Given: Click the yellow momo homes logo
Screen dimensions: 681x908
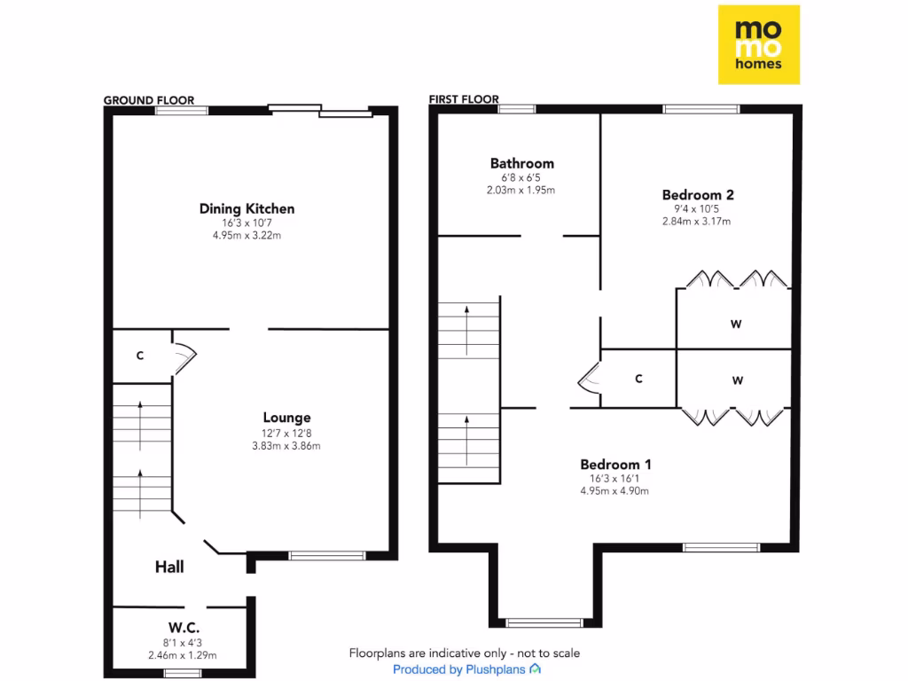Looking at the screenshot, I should pyautogui.click(x=758, y=44).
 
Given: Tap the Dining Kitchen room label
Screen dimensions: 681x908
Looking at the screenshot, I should pyautogui.click(x=247, y=209).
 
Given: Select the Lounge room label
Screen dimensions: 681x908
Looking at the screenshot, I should pyautogui.click(x=286, y=418).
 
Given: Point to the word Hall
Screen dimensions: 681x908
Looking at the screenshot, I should pyautogui.click(x=169, y=567).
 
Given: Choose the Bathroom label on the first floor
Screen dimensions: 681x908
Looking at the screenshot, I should pyautogui.click(x=522, y=163).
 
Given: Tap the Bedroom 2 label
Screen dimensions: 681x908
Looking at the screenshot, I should pyautogui.click(x=698, y=194).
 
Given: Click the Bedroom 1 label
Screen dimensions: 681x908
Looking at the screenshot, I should pyautogui.click(x=615, y=464).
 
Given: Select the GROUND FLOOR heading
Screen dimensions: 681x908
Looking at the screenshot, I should pyautogui.click(x=149, y=100).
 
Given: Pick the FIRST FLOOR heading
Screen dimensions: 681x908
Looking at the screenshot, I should pyautogui.click(x=464, y=99).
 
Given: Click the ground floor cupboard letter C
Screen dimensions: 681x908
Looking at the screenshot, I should pyautogui.click(x=140, y=356).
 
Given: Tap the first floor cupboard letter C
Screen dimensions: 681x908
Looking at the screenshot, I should pyautogui.click(x=638, y=379).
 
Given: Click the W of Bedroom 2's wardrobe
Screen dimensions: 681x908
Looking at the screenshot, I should pyautogui.click(x=736, y=324).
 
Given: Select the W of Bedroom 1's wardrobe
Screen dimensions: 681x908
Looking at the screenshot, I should pyautogui.click(x=737, y=380).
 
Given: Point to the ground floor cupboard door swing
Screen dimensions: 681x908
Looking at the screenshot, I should pyautogui.click(x=184, y=356).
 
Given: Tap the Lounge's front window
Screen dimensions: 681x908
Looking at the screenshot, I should pyautogui.click(x=327, y=556).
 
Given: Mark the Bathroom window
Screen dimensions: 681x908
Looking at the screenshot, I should pyautogui.click(x=517, y=109).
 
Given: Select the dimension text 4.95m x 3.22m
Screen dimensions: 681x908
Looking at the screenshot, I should pyautogui.click(x=247, y=236).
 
